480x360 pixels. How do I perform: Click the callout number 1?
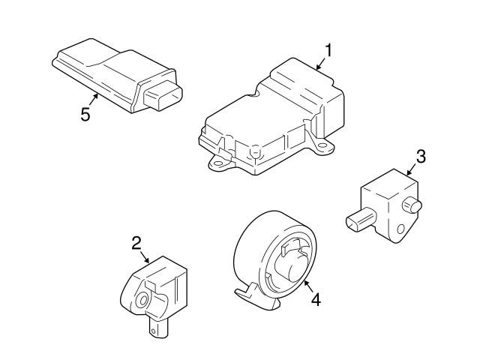328,50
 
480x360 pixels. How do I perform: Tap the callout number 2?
136,243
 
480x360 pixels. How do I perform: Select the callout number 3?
421,156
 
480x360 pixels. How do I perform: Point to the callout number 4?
316,299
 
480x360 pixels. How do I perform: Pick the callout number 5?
85,115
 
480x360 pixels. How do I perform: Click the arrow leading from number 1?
320,64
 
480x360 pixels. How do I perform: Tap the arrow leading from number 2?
145,256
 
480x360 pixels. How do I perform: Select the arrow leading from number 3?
411,169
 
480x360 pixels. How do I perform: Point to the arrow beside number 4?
308,285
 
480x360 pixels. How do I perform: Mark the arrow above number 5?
94,100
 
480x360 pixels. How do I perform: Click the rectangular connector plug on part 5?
163,95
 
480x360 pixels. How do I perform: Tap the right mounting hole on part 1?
322,145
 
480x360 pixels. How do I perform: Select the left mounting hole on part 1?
218,163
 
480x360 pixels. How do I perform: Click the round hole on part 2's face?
142,301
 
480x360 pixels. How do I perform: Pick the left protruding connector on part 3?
360,220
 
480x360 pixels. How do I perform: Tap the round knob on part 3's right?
412,205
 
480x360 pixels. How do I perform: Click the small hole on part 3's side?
400,229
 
